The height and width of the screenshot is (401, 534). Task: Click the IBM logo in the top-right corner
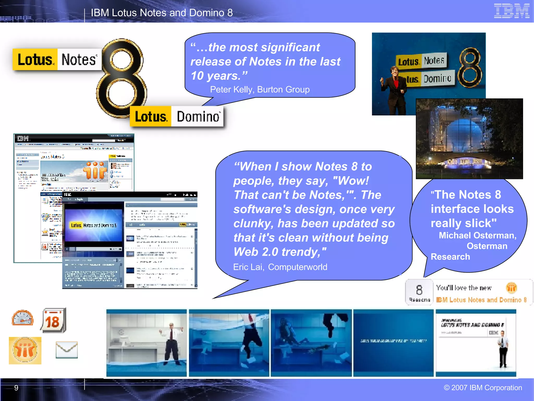tap(511, 11)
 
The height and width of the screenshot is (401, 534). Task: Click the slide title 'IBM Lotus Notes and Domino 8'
tap(162, 13)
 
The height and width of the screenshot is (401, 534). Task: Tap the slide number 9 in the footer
tap(16, 388)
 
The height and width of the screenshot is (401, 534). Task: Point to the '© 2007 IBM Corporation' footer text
tap(483, 388)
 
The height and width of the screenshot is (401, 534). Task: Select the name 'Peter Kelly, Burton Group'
tap(260, 90)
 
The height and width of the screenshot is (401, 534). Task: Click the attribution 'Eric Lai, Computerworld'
tap(280, 267)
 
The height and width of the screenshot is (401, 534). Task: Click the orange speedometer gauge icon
tap(23, 318)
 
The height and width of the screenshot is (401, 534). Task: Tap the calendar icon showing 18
tap(53, 321)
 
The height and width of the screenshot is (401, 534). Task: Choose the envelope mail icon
tap(67, 350)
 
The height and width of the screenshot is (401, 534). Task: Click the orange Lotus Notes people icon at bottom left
tap(25, 350)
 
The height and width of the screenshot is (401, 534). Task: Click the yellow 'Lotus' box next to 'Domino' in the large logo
tap(151, 116)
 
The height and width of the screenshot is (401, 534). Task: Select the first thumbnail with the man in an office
tap(147, 343)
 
